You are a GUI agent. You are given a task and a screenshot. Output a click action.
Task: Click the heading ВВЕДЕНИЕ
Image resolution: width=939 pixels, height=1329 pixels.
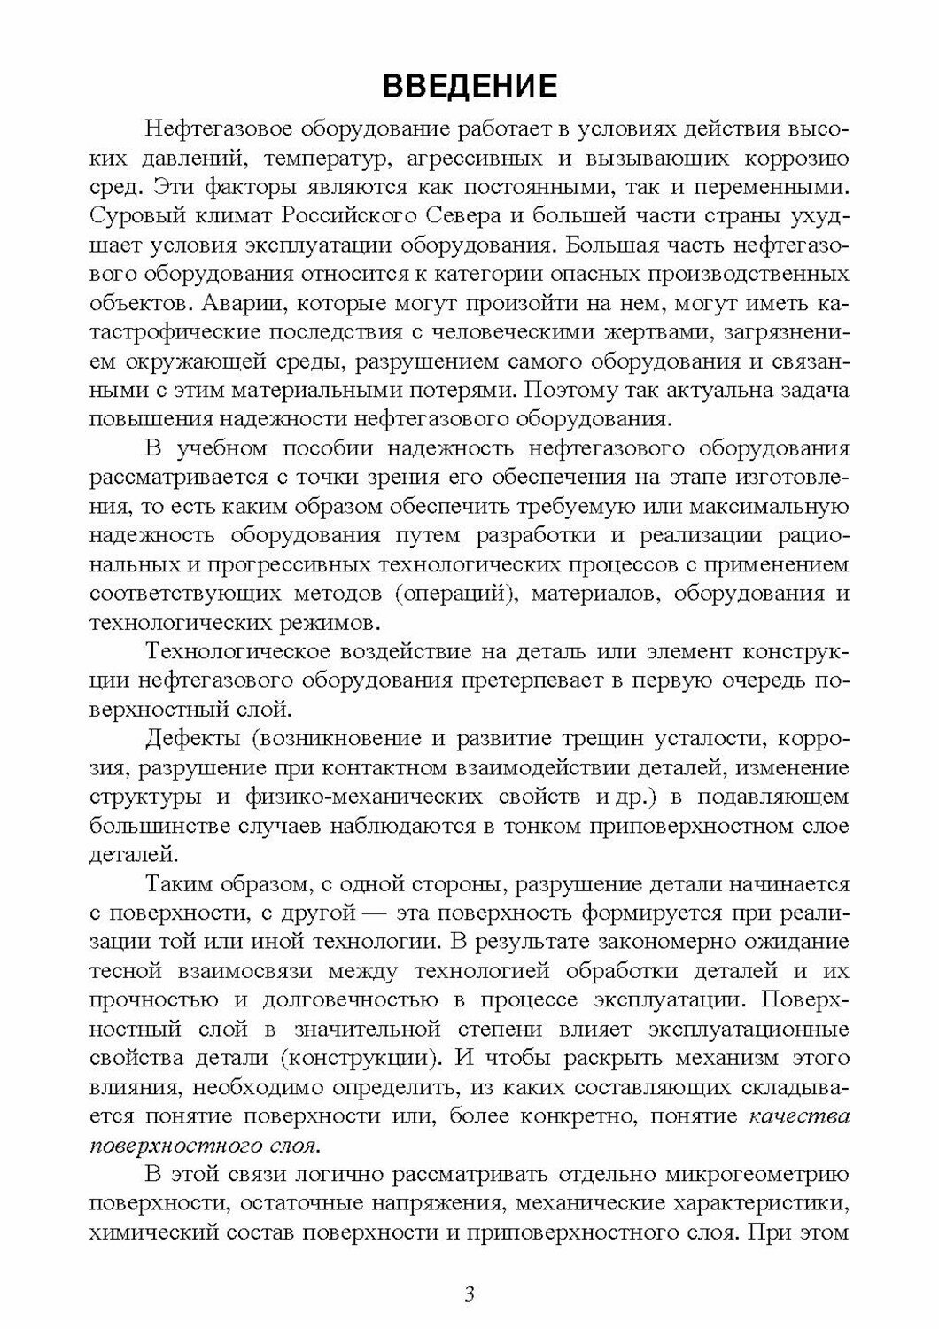point(469,86)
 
